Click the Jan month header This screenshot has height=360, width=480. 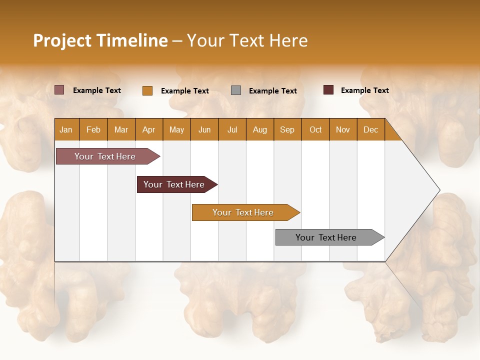pos(66,129)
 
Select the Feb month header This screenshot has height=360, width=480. pos(93,129)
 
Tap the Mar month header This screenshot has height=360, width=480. pos(121,129)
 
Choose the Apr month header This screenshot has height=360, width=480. pos(148,129)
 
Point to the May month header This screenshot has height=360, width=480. pos(176,129)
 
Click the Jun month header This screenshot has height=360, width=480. pos(204,129)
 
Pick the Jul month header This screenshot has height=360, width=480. pos(232,129)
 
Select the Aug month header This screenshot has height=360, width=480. pos(259,129)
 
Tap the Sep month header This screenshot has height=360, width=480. pos(287,129)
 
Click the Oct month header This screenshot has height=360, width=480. pos(315,129)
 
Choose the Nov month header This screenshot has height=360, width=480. pos(343,129)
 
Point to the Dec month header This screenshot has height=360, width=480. pos(370,129)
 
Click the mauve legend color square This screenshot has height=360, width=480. pos(59,90)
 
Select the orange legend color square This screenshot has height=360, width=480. pos(147,90)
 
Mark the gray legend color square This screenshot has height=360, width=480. pos(236,90)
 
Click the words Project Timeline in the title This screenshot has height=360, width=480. pos(100,40)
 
